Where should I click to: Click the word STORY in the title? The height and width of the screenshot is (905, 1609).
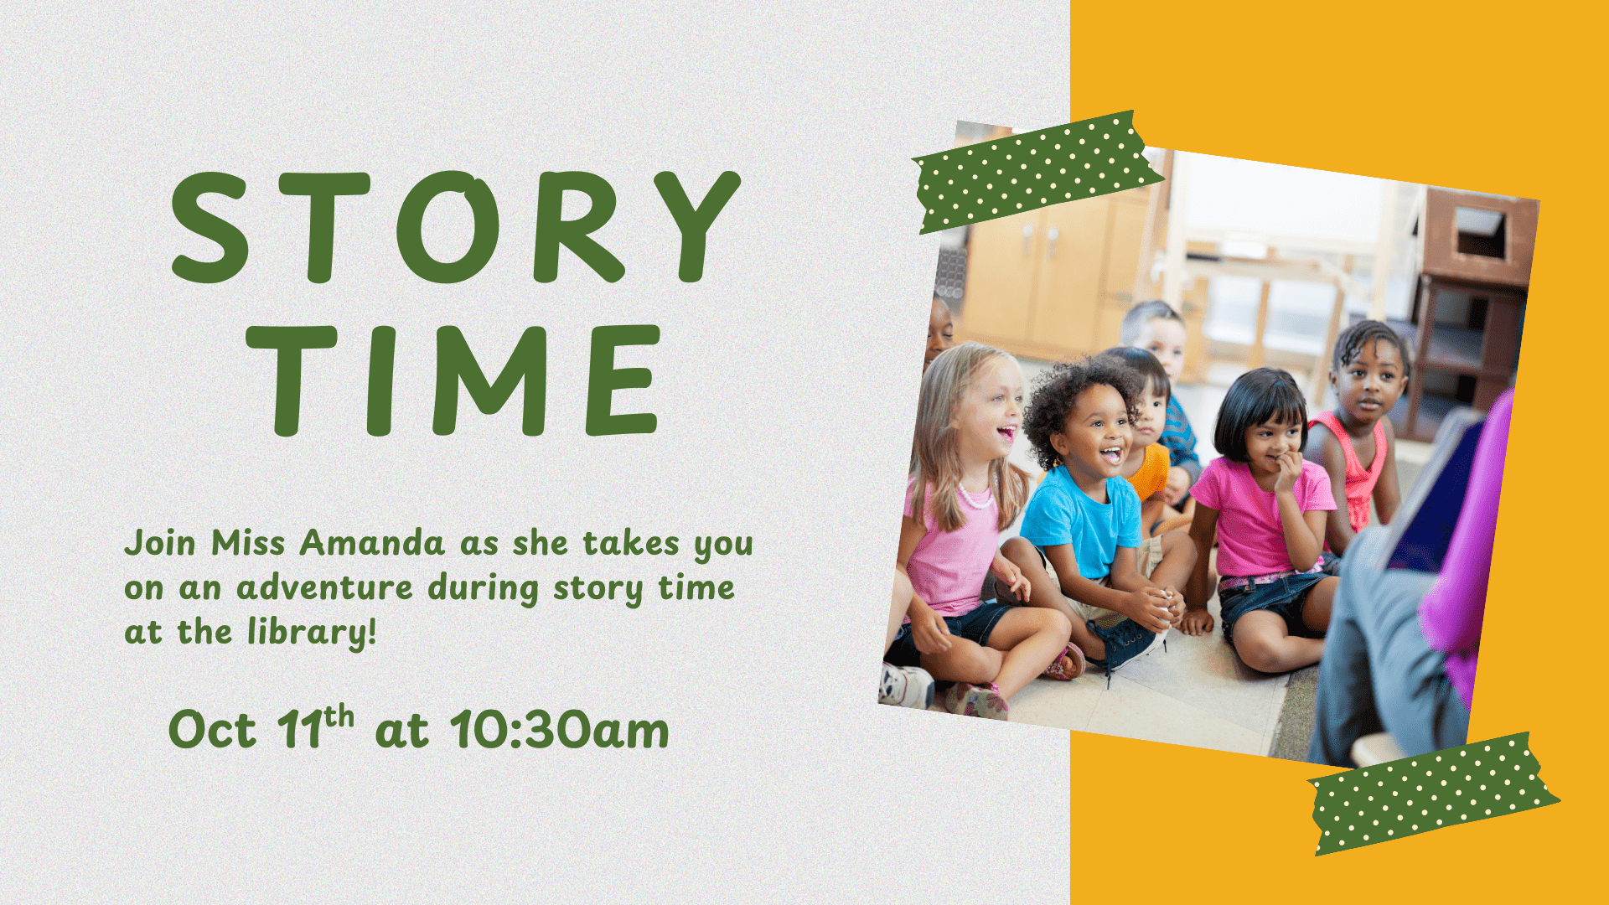[x=456, y=226]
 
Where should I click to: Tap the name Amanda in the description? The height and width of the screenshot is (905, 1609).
[x=372, y=543]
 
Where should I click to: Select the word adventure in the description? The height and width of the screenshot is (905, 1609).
[x=325, y=587]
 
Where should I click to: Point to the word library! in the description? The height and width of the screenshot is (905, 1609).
[x=312, y=633]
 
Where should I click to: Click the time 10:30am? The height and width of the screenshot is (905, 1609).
[x=560, y=730]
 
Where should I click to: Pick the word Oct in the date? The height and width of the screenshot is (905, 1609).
[x=212, y=730]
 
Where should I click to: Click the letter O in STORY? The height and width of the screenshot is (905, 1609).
[x=448, y=226]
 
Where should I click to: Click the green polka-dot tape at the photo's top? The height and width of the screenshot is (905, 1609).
[x=1036, y=171]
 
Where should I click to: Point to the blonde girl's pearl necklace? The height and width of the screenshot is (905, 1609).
[x=975, y=499]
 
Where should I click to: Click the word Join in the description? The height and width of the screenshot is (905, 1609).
[x=160, y=543]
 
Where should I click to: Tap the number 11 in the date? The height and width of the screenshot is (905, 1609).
[x=299, y=730]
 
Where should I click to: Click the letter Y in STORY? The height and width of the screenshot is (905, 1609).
[x=696, y=226]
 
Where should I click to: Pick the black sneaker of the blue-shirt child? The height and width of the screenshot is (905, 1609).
[x=1128, y=642]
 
